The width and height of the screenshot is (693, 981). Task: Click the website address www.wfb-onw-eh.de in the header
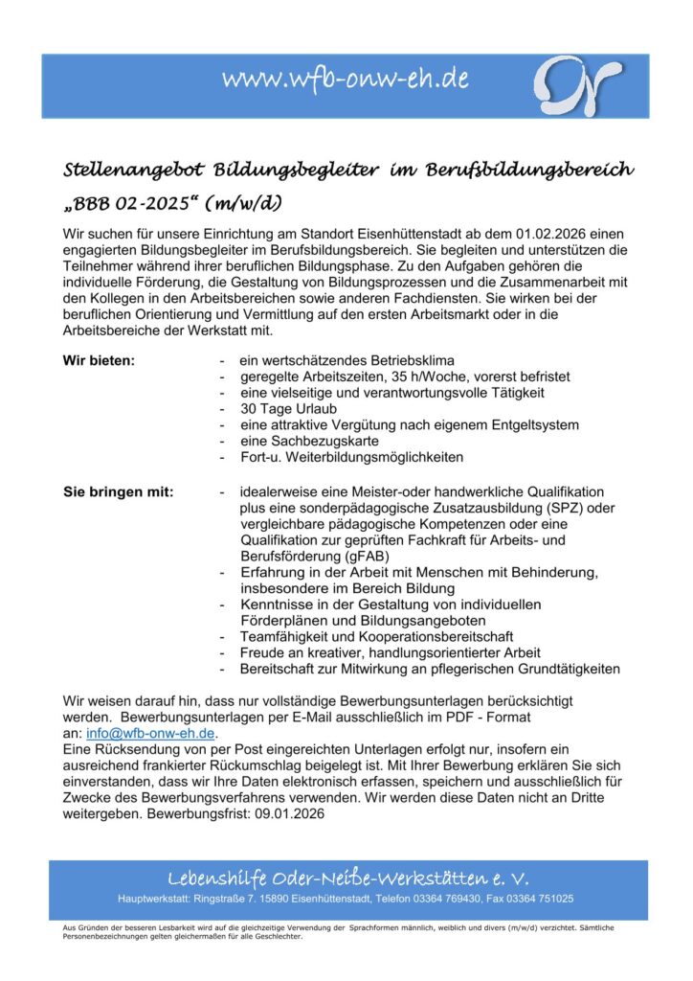tap(346, 80)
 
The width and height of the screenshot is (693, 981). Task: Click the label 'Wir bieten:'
tap(100, 360)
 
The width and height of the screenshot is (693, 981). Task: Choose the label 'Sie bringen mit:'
tap(119, 492)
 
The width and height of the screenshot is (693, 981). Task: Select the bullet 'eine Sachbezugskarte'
tap(309, 442)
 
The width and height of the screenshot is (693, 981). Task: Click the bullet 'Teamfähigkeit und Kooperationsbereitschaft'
tap(377, 636)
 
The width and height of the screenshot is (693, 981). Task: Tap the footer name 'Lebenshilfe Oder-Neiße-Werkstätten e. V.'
tap(347, 878)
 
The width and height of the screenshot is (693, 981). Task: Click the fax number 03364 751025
tap(539, 899)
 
